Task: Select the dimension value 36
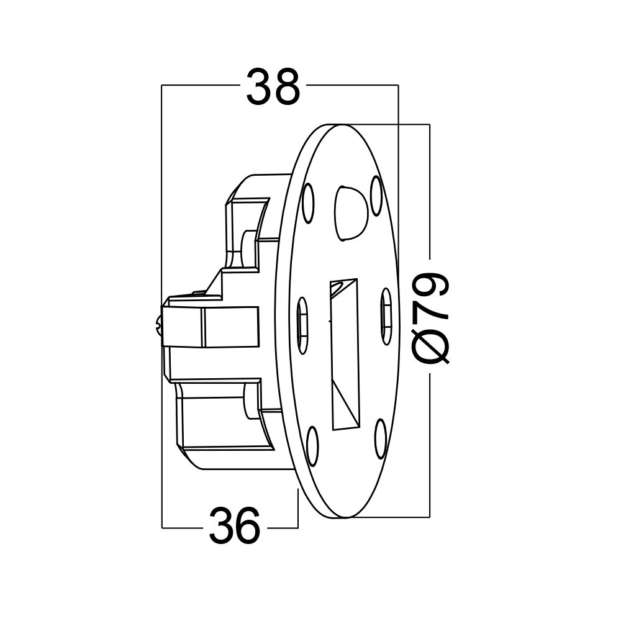pyautogui.click(x=234, y=527)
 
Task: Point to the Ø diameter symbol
pyautogui.click(x=430, y=345)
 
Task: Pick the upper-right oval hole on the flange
pyautogui.click(x=376, y=195)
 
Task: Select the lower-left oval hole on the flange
pyautogui.click(x=312, y=446)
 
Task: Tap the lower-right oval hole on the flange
pyautogui.click(x=381, y=438)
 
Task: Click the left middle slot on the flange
pyautogui.click(x=302, y=325)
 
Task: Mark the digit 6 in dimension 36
pyautogui.click(x=248, y=527)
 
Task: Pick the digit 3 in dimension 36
pyautogui.click(x=220, y=527)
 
